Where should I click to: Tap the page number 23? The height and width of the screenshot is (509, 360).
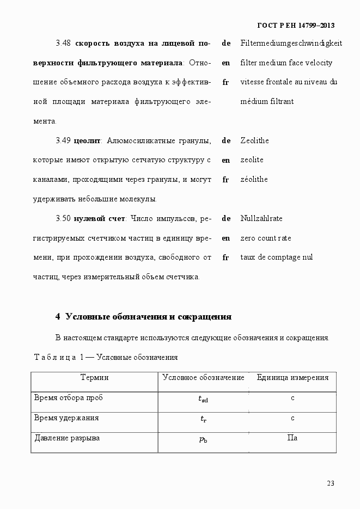(x=331, y=483)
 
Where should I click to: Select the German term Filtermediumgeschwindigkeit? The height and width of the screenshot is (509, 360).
(x=291, y=43)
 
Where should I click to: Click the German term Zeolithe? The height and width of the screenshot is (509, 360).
(x=254, y=140)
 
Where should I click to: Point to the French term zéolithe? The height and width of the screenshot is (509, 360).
(x=254, y=179)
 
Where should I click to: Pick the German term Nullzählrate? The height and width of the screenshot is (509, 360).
(x=261, y=218)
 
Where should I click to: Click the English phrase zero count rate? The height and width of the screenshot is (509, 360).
(x=265, y=238)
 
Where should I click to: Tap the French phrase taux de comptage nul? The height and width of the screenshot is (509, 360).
(x=276, y=257)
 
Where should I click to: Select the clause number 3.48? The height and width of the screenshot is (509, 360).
(x=64, y=43)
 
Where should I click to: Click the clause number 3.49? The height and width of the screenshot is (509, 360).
(x=64, y=140)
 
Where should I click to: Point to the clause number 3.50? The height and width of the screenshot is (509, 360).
(x=64, y=218)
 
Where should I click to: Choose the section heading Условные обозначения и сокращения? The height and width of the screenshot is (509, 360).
(x=148, y=316)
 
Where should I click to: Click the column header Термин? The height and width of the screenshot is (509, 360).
(x=94, y=377)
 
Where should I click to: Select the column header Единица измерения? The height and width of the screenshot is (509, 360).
(x=292, y=377)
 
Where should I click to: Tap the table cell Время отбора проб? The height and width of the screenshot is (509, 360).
(x=69, y=397)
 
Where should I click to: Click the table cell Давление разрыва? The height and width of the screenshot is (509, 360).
(x=67, y=438)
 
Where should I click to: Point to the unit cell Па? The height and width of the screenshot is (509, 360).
(x=292, y=438)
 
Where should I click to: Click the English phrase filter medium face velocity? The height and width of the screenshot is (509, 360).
(x=286, y=63)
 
